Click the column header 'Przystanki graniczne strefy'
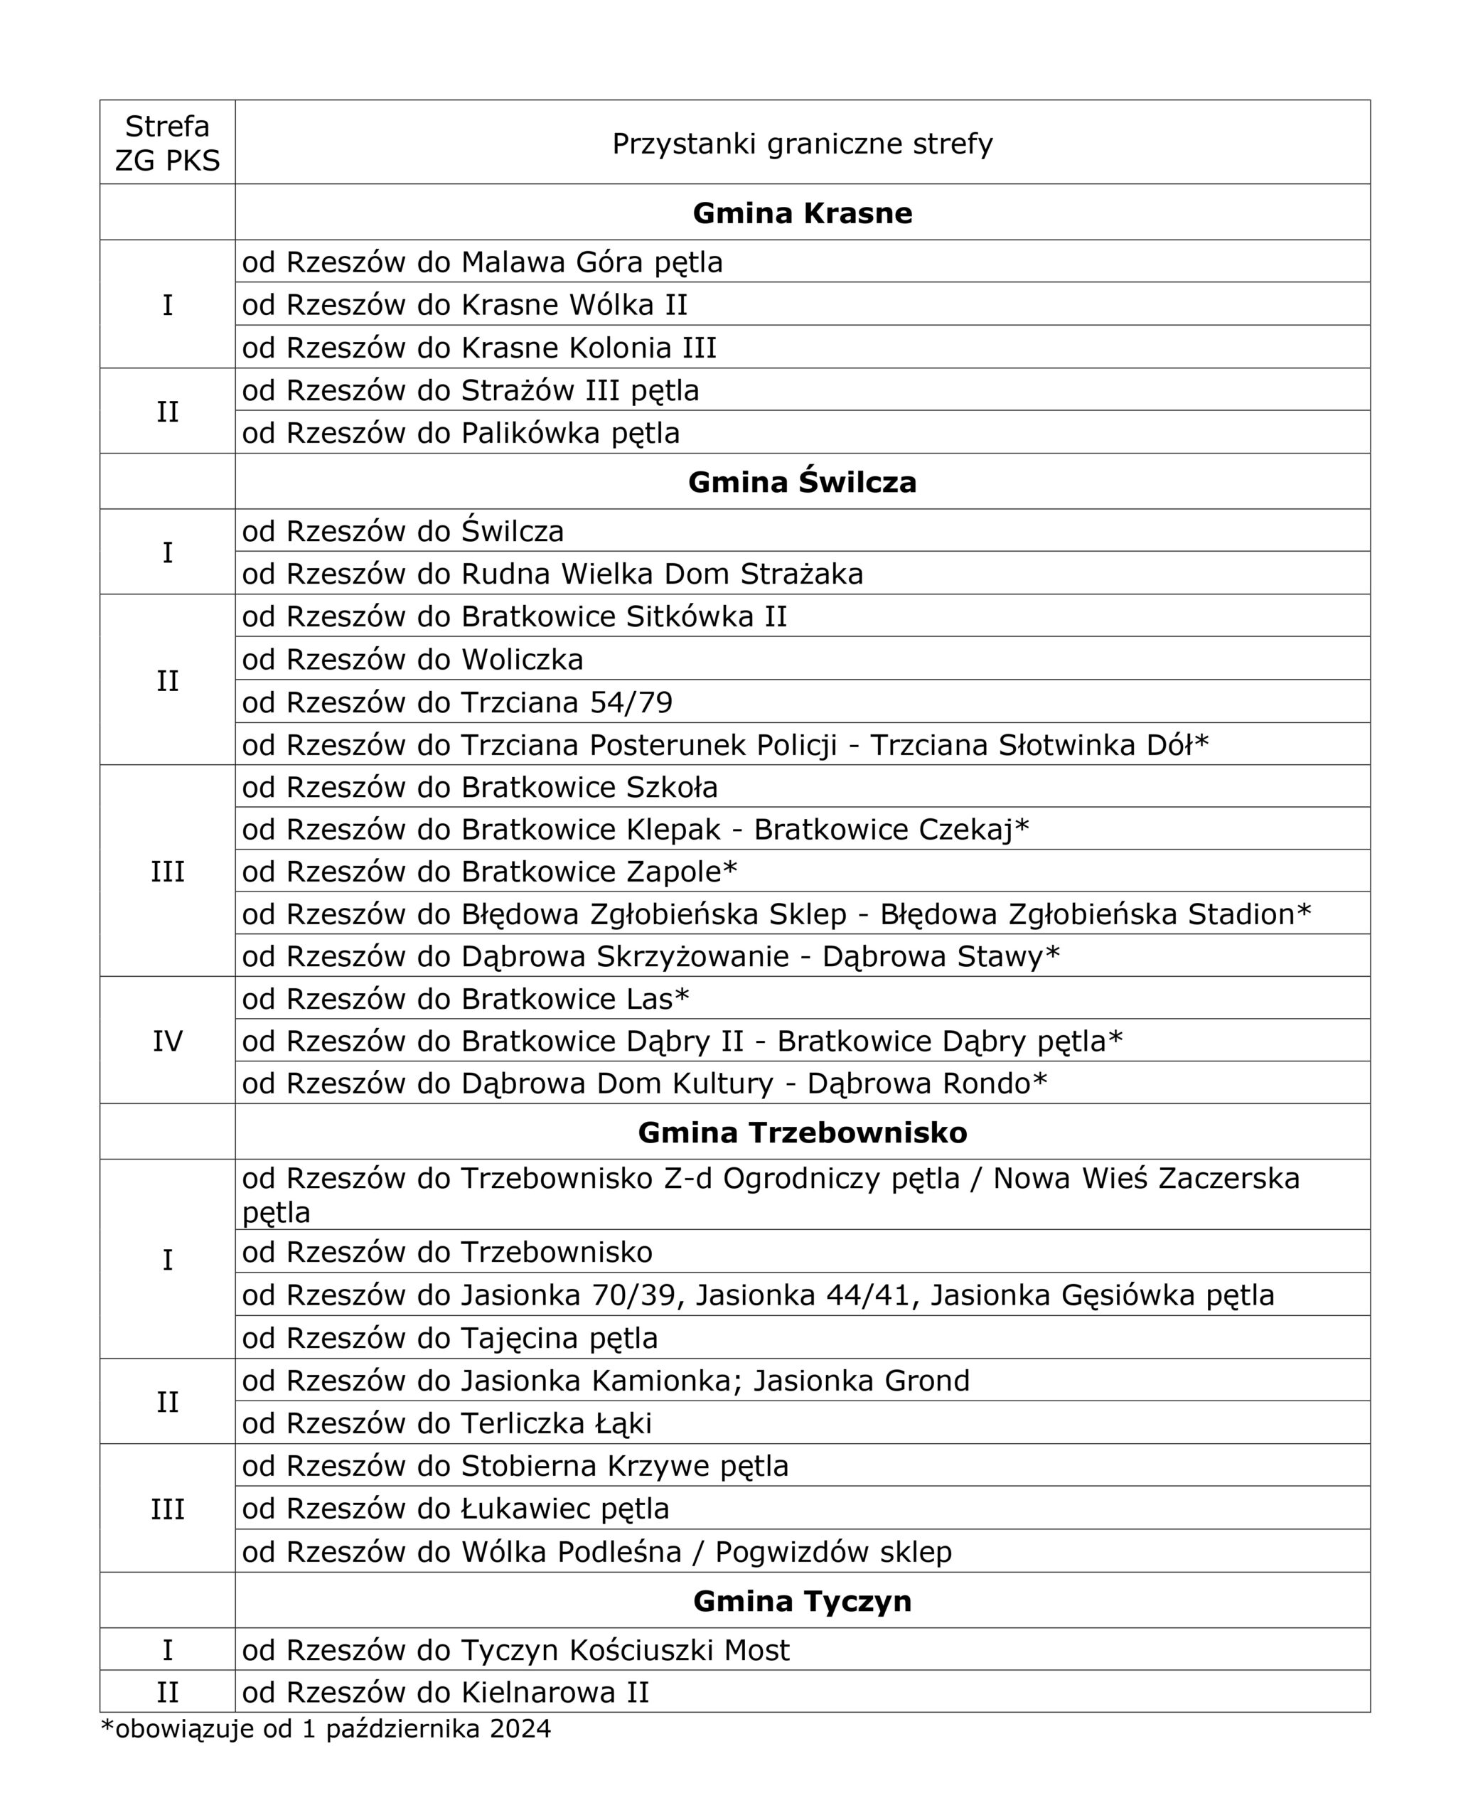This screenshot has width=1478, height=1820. click(802, 143)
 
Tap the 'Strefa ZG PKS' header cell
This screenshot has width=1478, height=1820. click(167, 143)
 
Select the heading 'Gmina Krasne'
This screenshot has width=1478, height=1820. click(802, 213)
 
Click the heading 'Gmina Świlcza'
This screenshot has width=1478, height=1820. click(802, 482)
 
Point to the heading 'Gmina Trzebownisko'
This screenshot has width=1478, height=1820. click(802, 1133)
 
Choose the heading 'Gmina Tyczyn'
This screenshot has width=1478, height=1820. click(802, 1601)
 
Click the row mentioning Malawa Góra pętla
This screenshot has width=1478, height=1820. click(482, 262)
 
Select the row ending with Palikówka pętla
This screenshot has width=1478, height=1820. click(461, 433)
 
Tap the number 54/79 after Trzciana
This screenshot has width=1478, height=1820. click(631, 702)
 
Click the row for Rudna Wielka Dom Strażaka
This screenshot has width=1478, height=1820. click(552, 574)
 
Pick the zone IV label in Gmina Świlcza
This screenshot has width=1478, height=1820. click(167, 1041)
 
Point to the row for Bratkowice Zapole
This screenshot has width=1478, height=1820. click(490, 872)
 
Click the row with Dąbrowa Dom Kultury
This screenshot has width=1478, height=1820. click(645, 1083)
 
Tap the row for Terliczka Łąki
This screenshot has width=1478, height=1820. click(447, 1423)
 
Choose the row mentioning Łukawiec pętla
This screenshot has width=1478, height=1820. click(456, 1509)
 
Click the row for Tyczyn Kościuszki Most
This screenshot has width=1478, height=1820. click(516, 1650)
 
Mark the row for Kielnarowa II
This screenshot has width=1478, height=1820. click(445, 1691)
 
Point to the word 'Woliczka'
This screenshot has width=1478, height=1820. click(522, 660)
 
